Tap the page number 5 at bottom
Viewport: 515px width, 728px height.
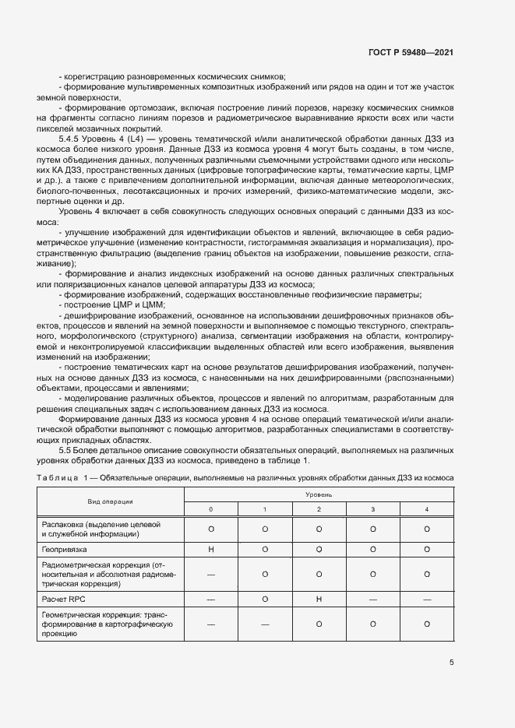pos(452,663)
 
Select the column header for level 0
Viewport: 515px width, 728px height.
pos(210,508)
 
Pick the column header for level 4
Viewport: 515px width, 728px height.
pos(426,508)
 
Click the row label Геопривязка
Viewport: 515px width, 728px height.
pos(63,549)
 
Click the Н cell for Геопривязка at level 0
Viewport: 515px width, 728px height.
pos(210,549)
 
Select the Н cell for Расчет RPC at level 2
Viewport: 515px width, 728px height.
pos(319,600)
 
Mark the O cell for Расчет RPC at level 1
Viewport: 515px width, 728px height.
pos(264,600)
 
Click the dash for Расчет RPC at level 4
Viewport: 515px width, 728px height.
pos(426,600)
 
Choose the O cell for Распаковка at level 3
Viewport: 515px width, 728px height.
pos(372,529)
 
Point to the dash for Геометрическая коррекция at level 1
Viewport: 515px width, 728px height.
pos(264,624)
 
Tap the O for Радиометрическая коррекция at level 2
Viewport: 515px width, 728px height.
pos(319,574)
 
